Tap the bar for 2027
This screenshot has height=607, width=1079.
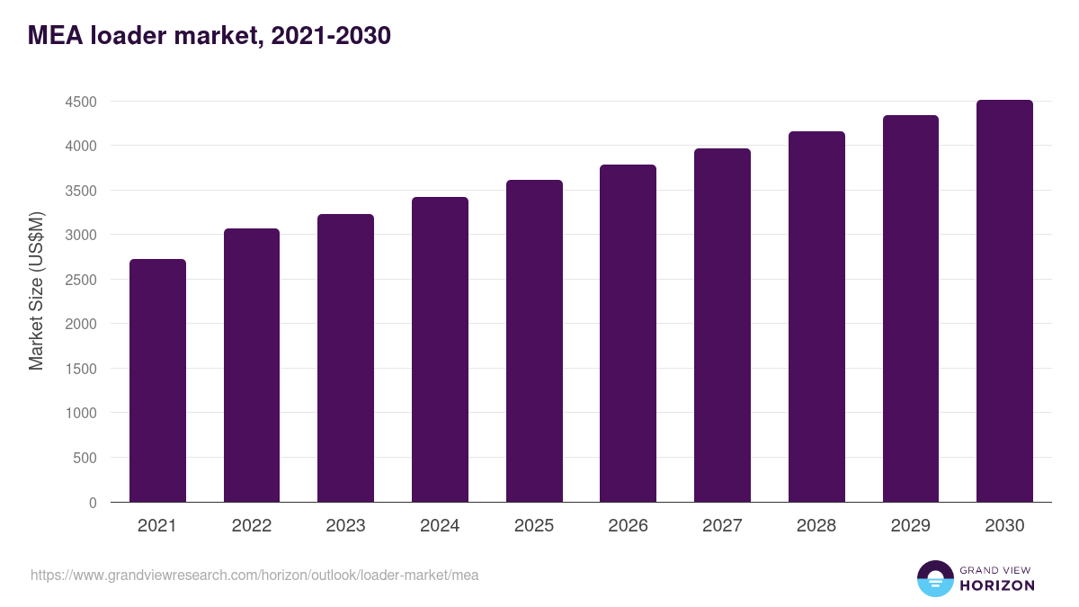point(722,325)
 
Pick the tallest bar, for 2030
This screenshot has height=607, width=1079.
point(1004,300)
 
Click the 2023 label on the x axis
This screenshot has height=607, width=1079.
point(345,526)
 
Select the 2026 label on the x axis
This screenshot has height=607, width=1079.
point(628,526)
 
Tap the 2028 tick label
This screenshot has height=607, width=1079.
point(816,526)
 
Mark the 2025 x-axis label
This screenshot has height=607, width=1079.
point(534,526)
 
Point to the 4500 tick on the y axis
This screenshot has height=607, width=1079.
point(81,102)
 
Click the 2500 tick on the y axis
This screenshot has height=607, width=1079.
point(81,280)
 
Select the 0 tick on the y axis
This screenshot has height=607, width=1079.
point(93,503)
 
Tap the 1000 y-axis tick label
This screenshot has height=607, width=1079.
point(81,414)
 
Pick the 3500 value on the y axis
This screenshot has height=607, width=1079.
point(81,191)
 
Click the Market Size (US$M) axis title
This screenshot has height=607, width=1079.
point(36,290)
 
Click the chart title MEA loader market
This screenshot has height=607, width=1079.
point(209,36)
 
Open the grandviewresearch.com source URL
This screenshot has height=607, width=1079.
point(254,575)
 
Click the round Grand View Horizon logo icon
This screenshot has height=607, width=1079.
point(934,578)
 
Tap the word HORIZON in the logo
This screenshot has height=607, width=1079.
point(996,585)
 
